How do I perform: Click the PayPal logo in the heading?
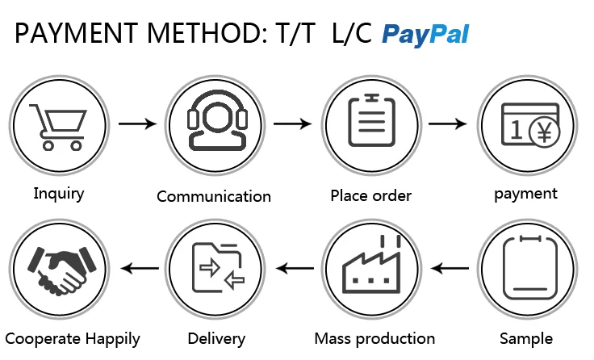point(425,34)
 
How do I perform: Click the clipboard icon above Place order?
point(371,124)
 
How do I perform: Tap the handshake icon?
point(58,269)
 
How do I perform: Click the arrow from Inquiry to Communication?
point(137,124)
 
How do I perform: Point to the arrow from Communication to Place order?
point(292,124)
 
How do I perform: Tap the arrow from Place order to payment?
point(448,124)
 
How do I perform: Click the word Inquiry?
point(58,194)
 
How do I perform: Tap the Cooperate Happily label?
point(73,339)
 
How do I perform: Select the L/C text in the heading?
point(353,34)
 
